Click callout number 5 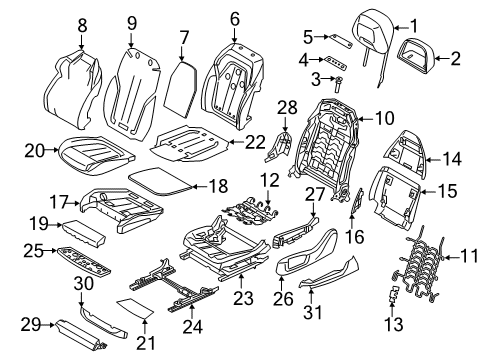click(309, 38)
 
